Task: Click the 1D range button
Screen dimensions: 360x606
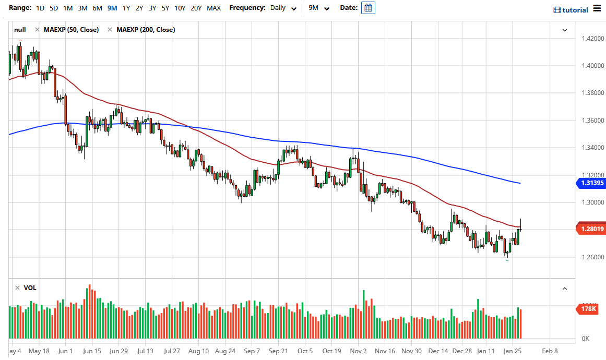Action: (40, 8)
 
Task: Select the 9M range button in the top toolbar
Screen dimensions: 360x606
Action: (112, 8)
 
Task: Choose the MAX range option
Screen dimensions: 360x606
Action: (213, 8)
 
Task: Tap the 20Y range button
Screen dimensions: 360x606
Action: (196, 8)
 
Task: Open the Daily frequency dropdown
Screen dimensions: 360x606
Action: (284, 8)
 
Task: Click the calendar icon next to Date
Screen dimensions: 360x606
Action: (368, 8)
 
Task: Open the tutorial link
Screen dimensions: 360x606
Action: (571, 10)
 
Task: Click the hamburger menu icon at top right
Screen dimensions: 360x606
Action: (597, 9)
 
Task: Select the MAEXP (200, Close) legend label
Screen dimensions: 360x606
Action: (146, 30)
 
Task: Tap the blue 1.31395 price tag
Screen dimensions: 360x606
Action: (590, 183)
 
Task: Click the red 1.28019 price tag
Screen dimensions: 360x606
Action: (590, 229)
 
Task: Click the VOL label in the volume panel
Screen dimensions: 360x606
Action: (30, 288)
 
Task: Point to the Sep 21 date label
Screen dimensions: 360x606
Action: (278, 351)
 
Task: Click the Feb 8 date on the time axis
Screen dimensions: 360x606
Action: (549, 351)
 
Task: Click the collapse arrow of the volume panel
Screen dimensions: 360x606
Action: (564, 288)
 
